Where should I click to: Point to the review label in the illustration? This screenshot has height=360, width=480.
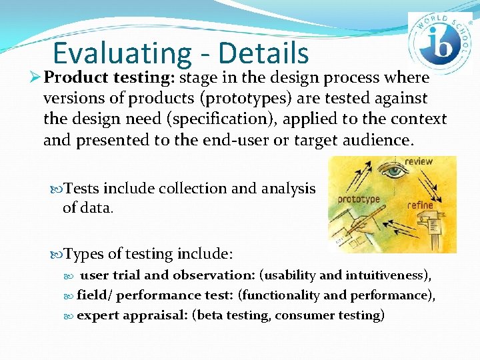[419, 161]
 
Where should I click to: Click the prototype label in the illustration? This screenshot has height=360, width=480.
[359, 199]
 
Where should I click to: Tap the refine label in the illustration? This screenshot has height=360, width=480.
[420, 205]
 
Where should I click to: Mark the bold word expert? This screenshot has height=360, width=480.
[98, 315]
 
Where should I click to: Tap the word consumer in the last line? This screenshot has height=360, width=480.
[304, 315]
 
